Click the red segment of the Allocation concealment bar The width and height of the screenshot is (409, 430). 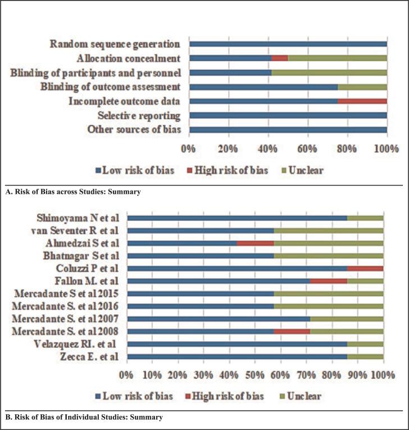(280, 58)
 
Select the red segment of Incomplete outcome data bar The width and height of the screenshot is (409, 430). (362, 101)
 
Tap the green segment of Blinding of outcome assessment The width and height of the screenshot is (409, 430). (362, 87)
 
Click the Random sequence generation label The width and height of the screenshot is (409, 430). (115, 44)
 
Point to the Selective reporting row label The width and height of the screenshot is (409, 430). (139, 116)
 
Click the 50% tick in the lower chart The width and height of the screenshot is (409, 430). (256, 375)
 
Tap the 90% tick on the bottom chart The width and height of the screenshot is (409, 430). (358, 375)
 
